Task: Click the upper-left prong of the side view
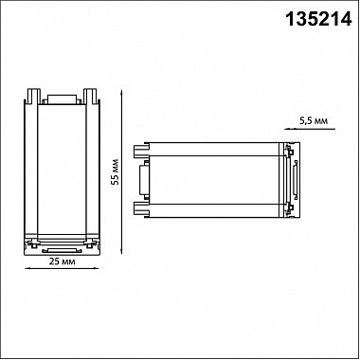[x=143, y=150]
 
